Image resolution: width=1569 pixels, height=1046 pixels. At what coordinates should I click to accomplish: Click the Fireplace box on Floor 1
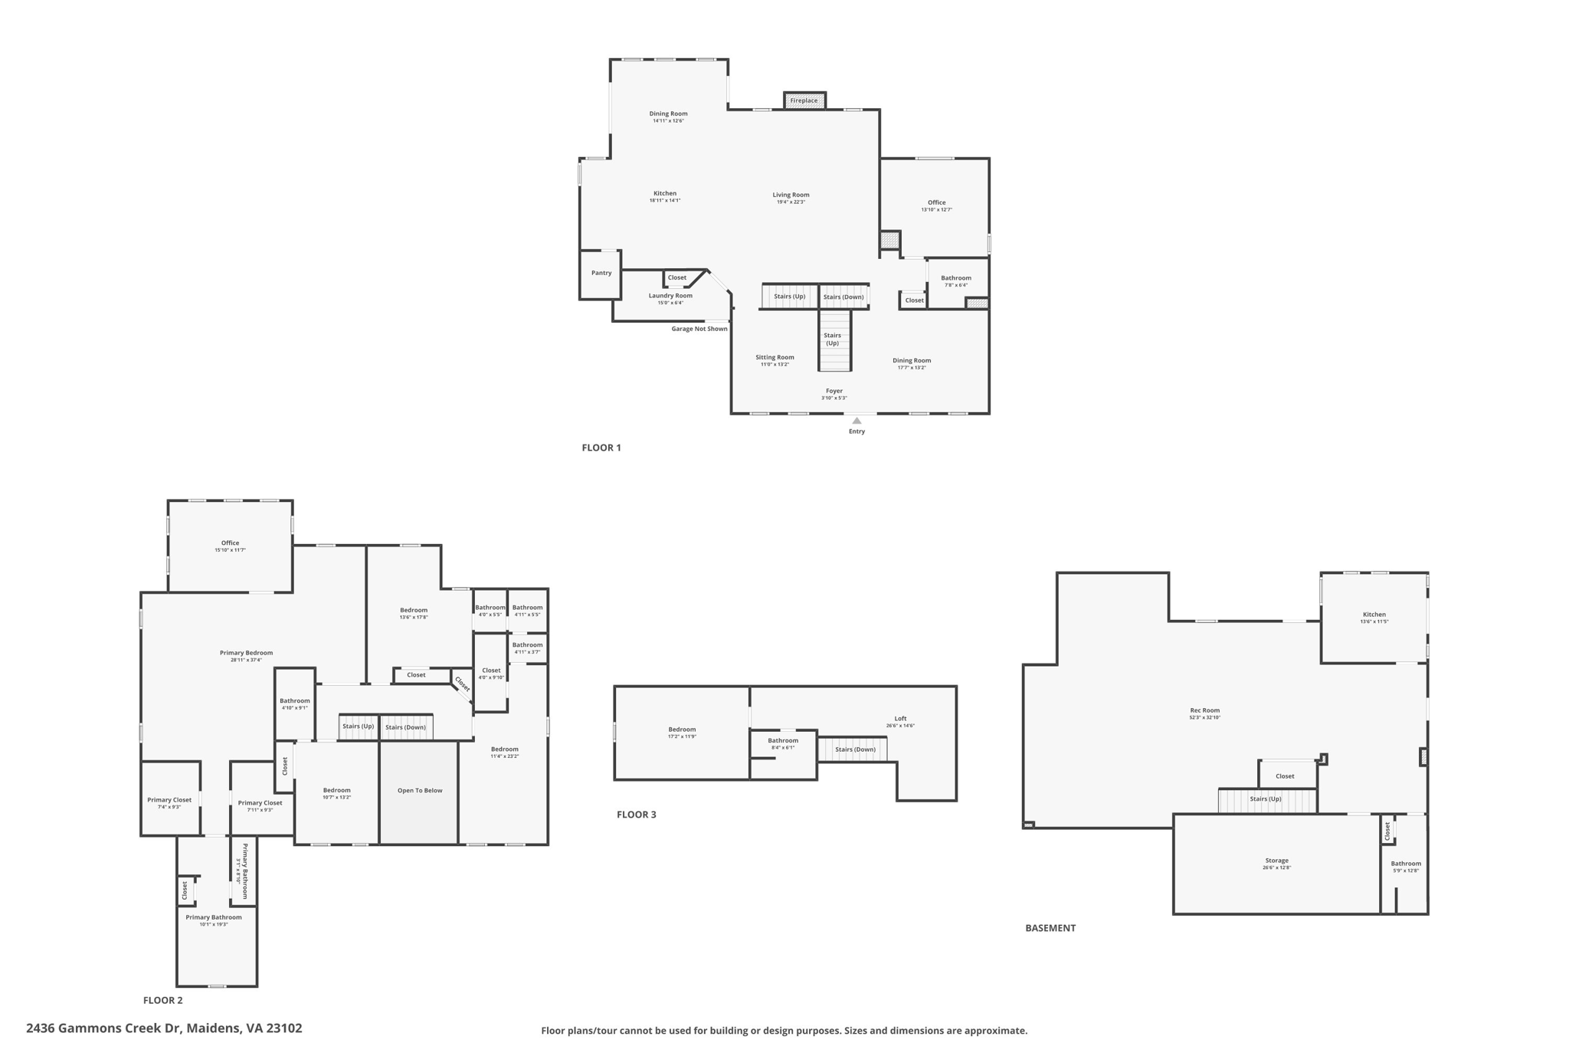(x=804, y=100)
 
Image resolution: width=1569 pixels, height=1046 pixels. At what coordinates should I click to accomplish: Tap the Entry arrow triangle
(x=857, y=421)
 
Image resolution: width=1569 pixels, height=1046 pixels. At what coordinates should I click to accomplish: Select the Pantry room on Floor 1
(x=601, y=274)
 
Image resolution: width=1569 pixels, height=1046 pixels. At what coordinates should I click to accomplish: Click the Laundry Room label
(x=670, y=296)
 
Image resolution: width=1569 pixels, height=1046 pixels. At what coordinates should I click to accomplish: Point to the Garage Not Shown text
(x=699, y=329)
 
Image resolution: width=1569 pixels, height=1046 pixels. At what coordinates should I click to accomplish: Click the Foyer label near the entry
(x=834, y=392)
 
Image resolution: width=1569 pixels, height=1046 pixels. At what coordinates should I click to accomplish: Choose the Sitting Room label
(x=775, y=357)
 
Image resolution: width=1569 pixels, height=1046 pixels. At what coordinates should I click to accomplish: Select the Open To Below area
(x=419, y=791)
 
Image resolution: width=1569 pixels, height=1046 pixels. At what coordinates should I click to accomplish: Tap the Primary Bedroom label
(x=246, y=653)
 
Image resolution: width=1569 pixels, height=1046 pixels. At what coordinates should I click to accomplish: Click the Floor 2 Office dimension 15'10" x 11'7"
(x=230, y=550)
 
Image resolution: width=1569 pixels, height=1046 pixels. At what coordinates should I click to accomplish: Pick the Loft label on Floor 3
(x=900, y=719)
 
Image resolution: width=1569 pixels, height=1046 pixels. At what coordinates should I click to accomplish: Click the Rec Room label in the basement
(x=1204, y=710)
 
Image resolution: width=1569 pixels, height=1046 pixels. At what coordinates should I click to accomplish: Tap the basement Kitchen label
(x=1374, y=615)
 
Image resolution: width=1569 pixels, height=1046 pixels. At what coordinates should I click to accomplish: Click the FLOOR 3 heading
(x=636, y=815)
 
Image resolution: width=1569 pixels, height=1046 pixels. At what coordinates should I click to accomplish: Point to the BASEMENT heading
(x=1050, y=928)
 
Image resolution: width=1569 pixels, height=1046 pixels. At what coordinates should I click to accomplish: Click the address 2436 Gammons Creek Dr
(x=164, y=1028)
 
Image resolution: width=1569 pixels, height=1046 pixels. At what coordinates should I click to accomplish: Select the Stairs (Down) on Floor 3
(x=854, y=749)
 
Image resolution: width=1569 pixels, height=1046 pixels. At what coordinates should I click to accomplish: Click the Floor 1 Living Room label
(x=791, y=195)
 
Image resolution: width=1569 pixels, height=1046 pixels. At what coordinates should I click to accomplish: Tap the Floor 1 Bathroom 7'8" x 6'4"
(x=955, y=281)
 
